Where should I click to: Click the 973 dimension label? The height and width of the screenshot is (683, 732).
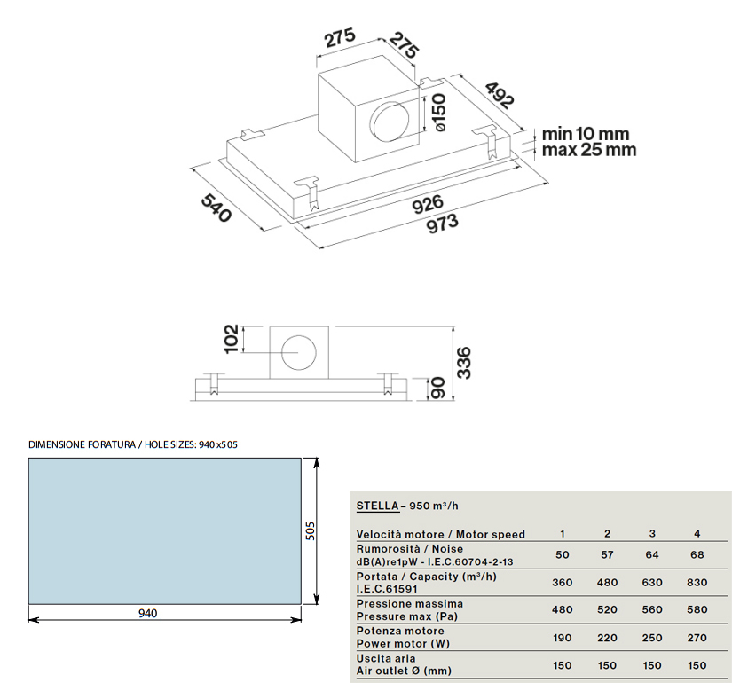(x=443, y=224)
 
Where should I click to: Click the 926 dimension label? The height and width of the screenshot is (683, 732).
(x=428, y=203)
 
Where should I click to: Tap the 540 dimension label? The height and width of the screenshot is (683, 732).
(x=216, y=208)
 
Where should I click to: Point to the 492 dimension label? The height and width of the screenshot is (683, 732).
(x=500, y=95)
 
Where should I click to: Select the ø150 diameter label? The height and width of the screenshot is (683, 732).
(x=439, y=113)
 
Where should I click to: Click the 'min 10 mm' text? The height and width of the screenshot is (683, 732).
(x=586, y=134)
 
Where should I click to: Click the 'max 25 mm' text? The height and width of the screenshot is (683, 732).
(x=589, y=150)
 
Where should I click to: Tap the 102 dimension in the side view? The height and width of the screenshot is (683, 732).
(x=232, y=339)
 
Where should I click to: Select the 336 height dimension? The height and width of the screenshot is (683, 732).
(x=464, y=363)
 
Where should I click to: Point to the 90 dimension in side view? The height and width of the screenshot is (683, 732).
(x=437, y=389)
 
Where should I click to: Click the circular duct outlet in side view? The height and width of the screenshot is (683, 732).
(x=299, y=352)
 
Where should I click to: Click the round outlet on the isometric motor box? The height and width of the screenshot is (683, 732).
(x=390, y=122)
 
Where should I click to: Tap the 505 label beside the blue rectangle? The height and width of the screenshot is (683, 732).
(x=310, y=530)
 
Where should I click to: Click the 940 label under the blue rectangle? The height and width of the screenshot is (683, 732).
(x=148, y=613)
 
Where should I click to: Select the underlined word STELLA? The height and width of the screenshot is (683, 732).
(x=378, y=506)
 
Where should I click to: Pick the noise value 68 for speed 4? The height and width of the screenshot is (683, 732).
(x=697, y=554)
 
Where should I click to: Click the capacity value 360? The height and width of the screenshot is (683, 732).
(x=562, y=582)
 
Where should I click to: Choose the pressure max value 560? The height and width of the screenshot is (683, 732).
(x=652, y=609)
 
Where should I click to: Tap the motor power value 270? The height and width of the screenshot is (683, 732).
(x=697, y=638)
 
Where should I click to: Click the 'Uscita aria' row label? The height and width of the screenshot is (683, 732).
(x=386, y=658)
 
